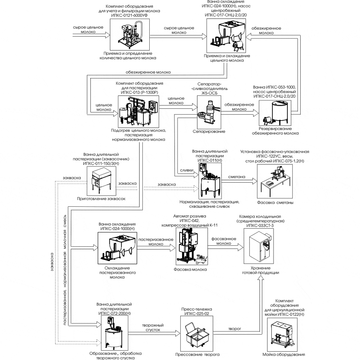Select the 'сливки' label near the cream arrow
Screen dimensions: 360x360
pyautogui.click(x=187, y=170)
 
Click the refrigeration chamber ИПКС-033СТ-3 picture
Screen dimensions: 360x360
pyautogui.click(x=260, y=246)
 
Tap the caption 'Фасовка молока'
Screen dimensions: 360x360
pyautogui.click(x=190, y=269)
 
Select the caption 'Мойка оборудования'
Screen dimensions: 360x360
pyautogui.click(x=288, y=355)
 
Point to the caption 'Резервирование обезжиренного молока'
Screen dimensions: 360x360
pyautogui.click(x=275, y=131)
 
